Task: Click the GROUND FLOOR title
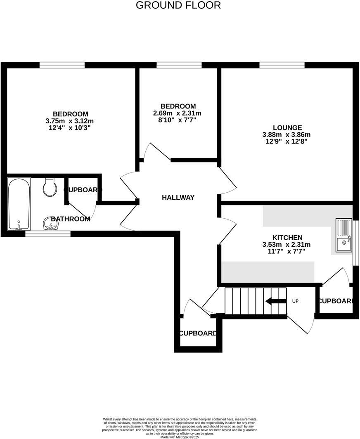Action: pyautogui.click(x=178, y=5)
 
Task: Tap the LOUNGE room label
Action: pyautogui.click(x=287, y=128)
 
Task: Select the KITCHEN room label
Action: pyautogui.click(x=287, y=238)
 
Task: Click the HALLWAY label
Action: pyautogui.click(x=178, y=198)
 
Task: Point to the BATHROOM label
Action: pyautogui.click(x=71, y=219)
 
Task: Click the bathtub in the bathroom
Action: pyautogui.click(x=19, y=204)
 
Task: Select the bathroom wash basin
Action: pyautogui.click(x=51, y=224)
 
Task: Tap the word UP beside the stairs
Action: pyautogui.click(x=295, y=301)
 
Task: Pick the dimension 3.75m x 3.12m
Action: pyautogui.click(x=70, y=121)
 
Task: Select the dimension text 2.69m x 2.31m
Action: pyautogui.click(x=178, y=113)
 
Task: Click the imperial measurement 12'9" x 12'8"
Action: pyautogui.click(x=287, y=141)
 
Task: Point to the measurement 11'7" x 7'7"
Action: pyautogui.click(x=287, y=251)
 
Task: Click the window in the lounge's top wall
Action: pyautogui.click(x=282, y=65)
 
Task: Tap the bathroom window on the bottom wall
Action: pyautogui.click(x=48, y=234)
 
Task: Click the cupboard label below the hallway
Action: pyautogui.click(x=198, y=333)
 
